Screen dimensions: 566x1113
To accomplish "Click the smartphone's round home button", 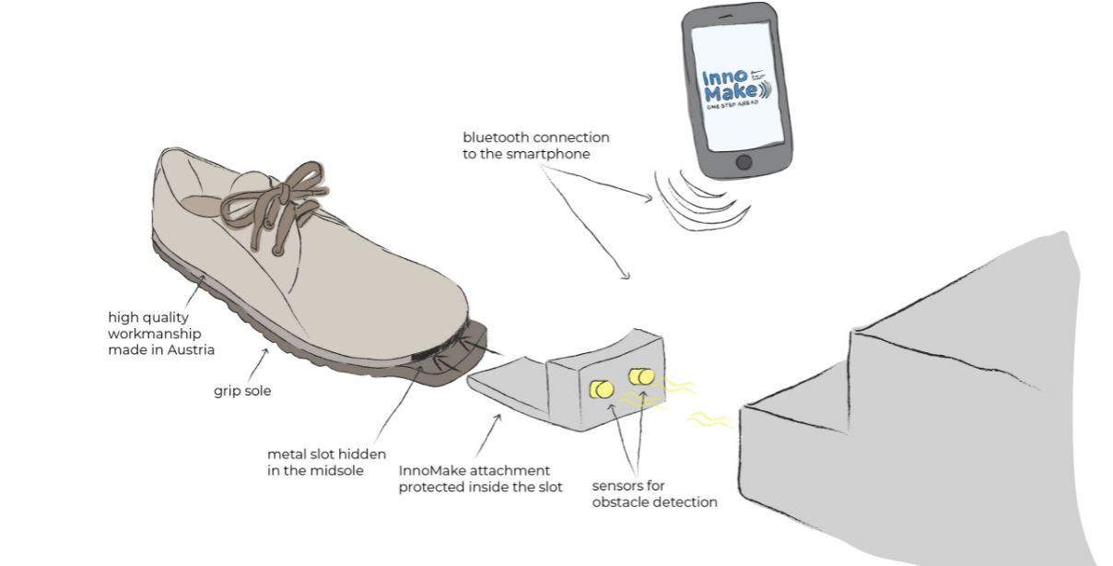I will click(744, 162).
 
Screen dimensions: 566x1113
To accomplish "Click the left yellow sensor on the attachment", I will click(602, 389).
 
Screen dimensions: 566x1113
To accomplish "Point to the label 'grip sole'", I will click(242, 391).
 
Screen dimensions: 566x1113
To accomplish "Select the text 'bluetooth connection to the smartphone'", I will click(535, 146).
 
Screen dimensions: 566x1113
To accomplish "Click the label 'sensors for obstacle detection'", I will click(653, 494).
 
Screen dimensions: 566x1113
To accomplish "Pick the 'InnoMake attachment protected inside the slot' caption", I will click(480, 478).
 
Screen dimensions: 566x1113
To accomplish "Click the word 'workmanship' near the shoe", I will click(155, 334).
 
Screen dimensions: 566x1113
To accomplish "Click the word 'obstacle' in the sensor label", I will click(624, 502).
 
